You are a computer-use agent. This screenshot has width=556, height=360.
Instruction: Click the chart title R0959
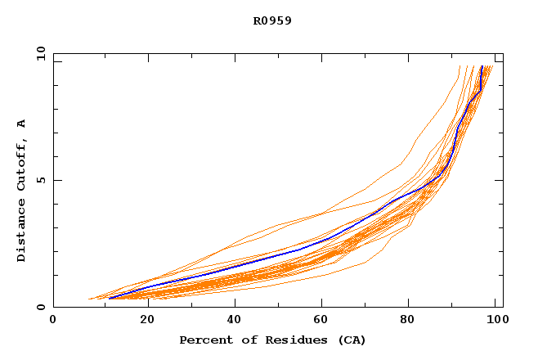click(x=272, y=21)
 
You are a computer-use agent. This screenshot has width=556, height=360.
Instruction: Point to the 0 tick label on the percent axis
click(x=53, y=321)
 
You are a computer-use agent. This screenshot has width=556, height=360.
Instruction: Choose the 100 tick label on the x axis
click(x=496, y=321)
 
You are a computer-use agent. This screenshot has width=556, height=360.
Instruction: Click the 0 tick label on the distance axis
click(x=40, y=307)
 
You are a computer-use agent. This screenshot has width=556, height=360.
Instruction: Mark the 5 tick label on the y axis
click(x=40, y=180)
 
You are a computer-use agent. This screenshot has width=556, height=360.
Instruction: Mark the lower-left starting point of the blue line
click(x=110, y=298)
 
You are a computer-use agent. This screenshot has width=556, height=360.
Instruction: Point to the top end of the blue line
click(x=482, y=66)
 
